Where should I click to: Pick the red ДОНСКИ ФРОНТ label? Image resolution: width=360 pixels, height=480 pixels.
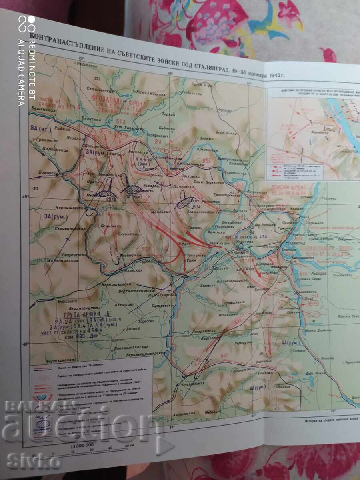[x=286, y=187]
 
